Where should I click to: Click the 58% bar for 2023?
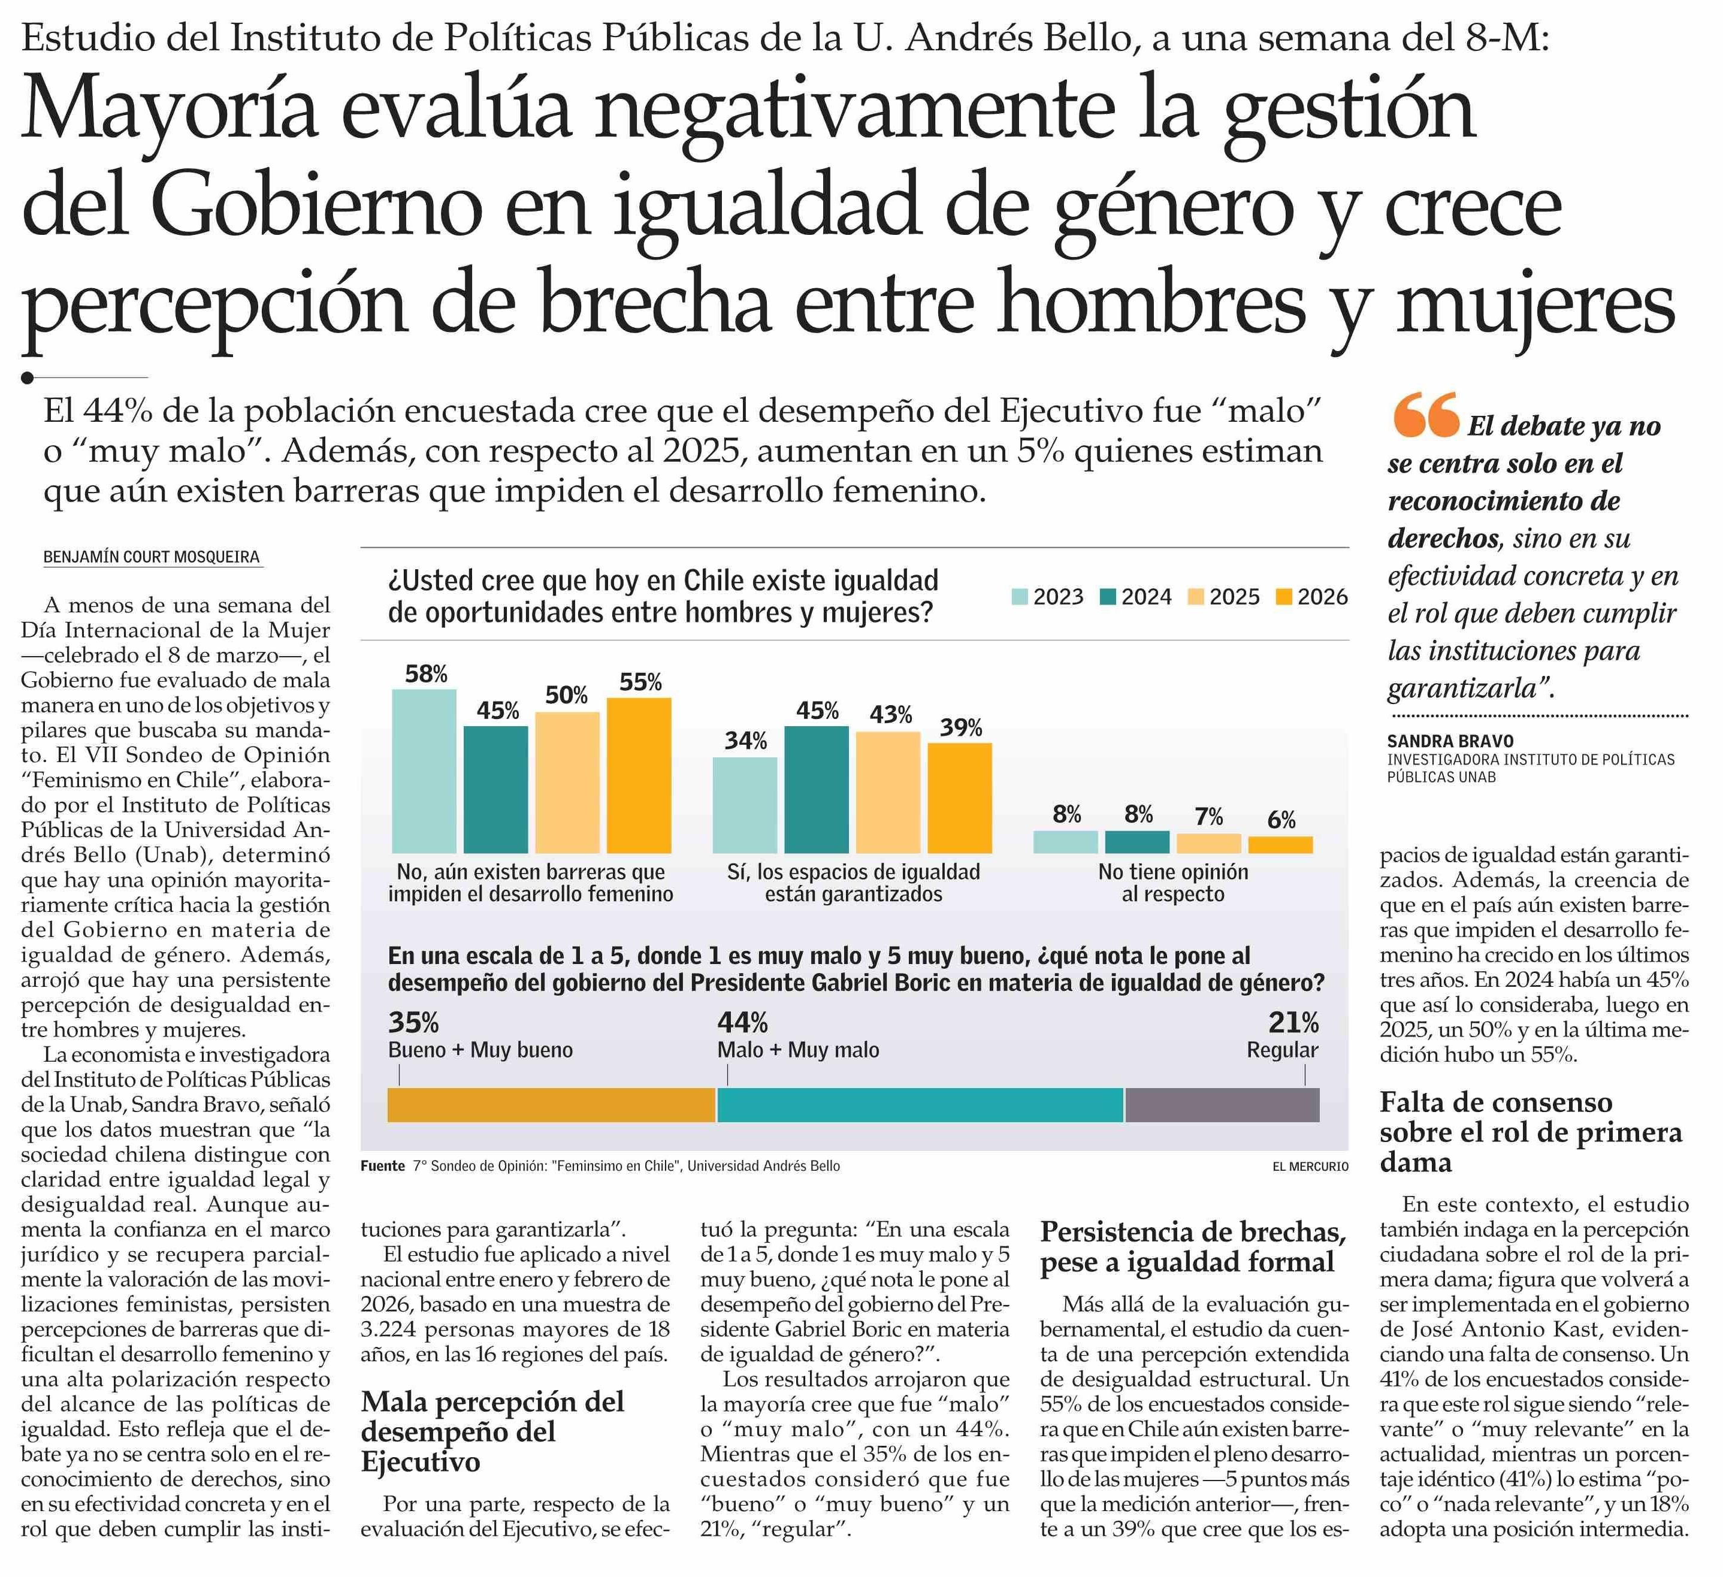point(424,771)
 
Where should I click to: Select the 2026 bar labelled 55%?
point(639,775)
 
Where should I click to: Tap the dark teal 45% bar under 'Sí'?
point(816,790)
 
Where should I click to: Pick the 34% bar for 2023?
point(745,805)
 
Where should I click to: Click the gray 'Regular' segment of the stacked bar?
point(1222,1105)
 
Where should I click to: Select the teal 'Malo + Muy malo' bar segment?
point(920,1105)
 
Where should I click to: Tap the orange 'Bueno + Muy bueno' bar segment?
point(551,1105)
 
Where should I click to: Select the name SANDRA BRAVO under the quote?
point(1450,741)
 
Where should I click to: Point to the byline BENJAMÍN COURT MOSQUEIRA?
point(152,557)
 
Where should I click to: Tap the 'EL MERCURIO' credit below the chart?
point(1310,1167)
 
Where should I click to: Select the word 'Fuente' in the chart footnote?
point(382,1166)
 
